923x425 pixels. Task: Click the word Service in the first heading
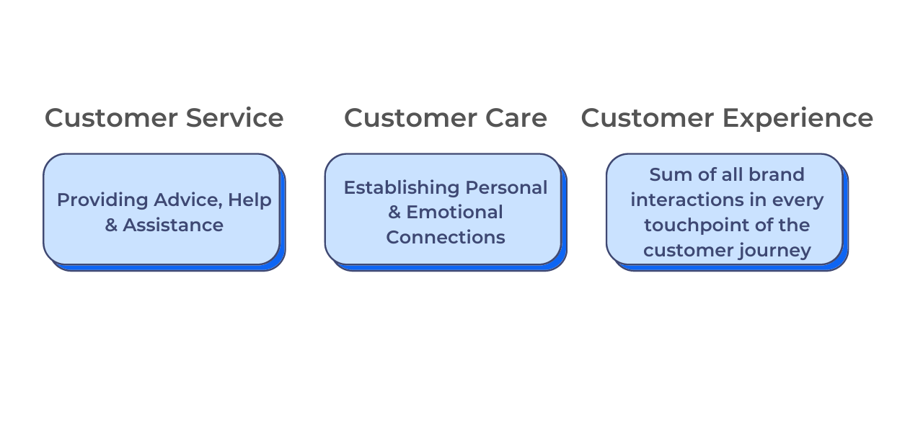click(x=234, y=117)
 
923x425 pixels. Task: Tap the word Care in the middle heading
click(x=515, y=117)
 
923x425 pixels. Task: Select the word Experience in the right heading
click(x=801, y=117)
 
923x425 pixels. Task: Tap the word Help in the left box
click(x=249, y=200)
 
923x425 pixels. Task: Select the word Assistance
click(x=173, y=225)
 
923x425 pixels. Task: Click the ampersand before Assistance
click(x=111, y=225)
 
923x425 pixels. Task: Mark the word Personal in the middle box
click(x=506, y=187)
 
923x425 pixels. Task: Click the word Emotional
click(x=455, y=212)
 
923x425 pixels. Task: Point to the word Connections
click(x=446, y=237)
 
